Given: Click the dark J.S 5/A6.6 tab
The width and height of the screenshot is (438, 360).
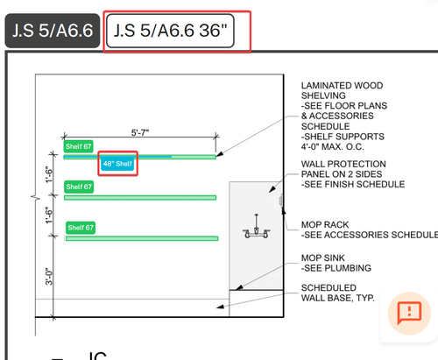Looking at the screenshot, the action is tap(53, 31).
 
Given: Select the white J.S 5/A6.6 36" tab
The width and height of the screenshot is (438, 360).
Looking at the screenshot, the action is tap(170, 31).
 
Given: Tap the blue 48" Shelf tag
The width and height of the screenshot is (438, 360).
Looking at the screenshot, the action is tap(117, 164).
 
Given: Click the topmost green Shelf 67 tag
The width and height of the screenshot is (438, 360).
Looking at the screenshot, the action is tap(79, 146).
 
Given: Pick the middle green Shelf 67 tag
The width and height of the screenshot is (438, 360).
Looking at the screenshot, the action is tap(79, 187).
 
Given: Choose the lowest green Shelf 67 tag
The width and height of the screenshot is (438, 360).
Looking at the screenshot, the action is tap(81, 228).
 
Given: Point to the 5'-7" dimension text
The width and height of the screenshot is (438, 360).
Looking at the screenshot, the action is tap(140, 133).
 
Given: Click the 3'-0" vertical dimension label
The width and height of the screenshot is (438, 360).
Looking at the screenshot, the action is tap(49, 276).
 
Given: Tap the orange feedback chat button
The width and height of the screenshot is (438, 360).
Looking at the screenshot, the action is tap(409, 314).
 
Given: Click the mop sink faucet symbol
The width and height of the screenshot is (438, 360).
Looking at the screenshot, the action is tap(257, 227).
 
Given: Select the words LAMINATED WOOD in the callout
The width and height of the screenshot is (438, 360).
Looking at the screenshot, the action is tap(342, 86).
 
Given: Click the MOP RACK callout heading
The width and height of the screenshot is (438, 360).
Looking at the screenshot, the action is tap(325, 224).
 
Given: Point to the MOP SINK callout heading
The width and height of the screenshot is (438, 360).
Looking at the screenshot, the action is tap(323, 258).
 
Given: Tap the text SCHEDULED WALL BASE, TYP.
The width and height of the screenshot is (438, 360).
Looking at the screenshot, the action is tap(338, 293).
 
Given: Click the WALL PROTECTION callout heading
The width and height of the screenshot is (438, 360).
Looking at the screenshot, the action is tap(343, 164).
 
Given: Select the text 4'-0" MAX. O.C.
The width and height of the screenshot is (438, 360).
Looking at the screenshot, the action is tap(333, 146).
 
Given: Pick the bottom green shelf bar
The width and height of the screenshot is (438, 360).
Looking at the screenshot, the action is tap(142, 238).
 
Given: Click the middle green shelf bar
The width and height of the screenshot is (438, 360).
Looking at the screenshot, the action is tap(140, 198).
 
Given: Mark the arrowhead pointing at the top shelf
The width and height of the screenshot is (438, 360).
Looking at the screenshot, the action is tap(220, 154).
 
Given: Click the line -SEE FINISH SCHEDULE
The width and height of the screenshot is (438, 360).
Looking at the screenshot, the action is tap(353, 184).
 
